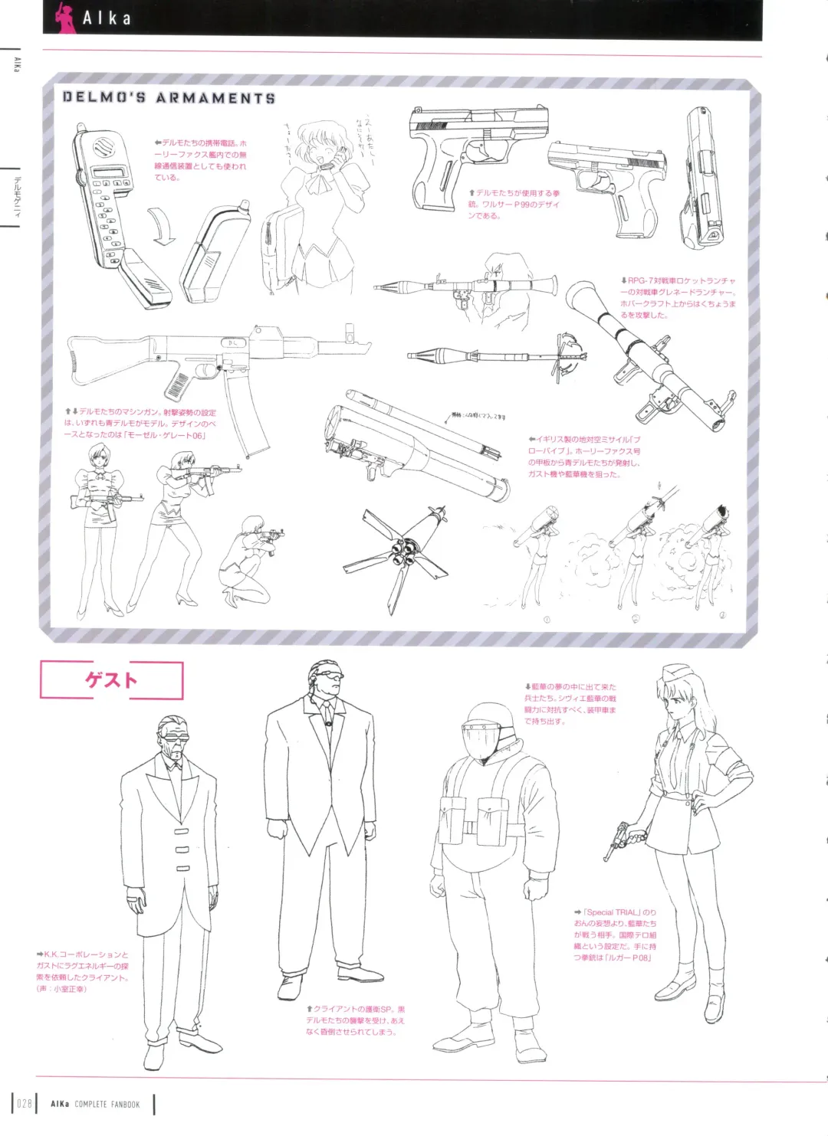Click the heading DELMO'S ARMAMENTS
click(169, 98)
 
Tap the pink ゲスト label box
click(112, 679)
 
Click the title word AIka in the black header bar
click(107, 18)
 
